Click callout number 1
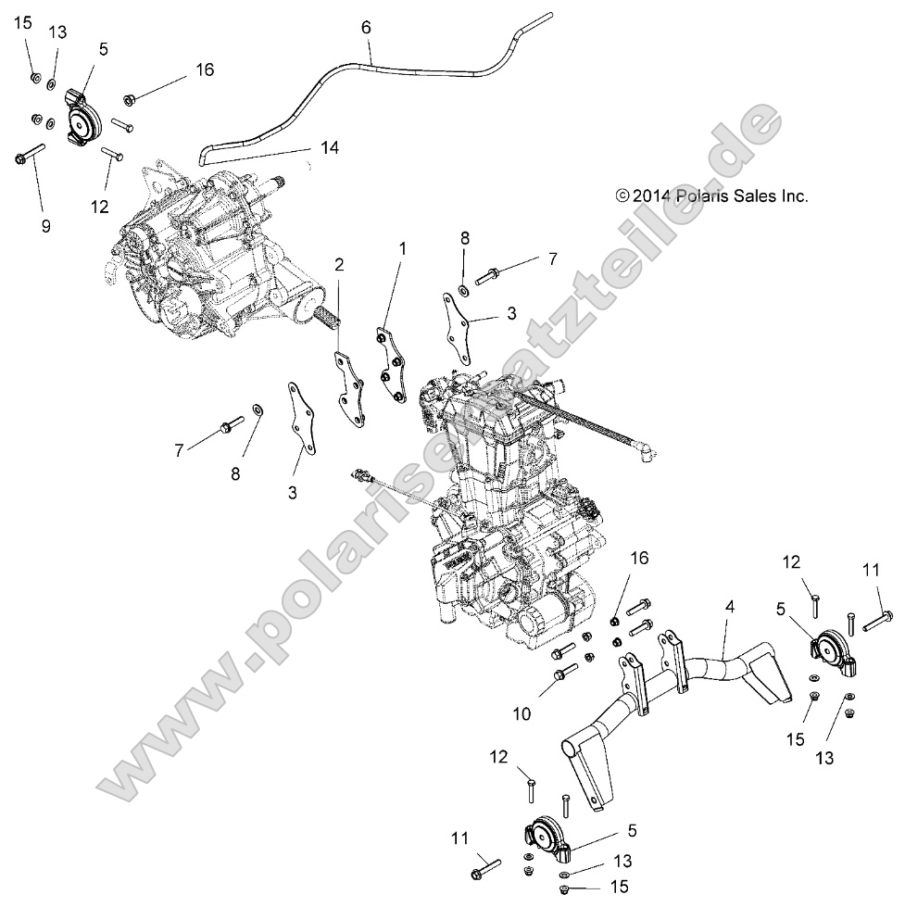click(x=402, y=248)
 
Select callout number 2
click(x=340, y=265)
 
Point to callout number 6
click(x=366, y=28)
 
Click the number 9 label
click(x=46, y=225)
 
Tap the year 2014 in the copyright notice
click(x=653, y=195)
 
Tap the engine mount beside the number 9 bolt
click(x=83, y=116)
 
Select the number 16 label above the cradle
click(x=639, y=558)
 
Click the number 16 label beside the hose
click(x=204, y=70)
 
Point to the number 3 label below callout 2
click(x=292, y=493)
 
